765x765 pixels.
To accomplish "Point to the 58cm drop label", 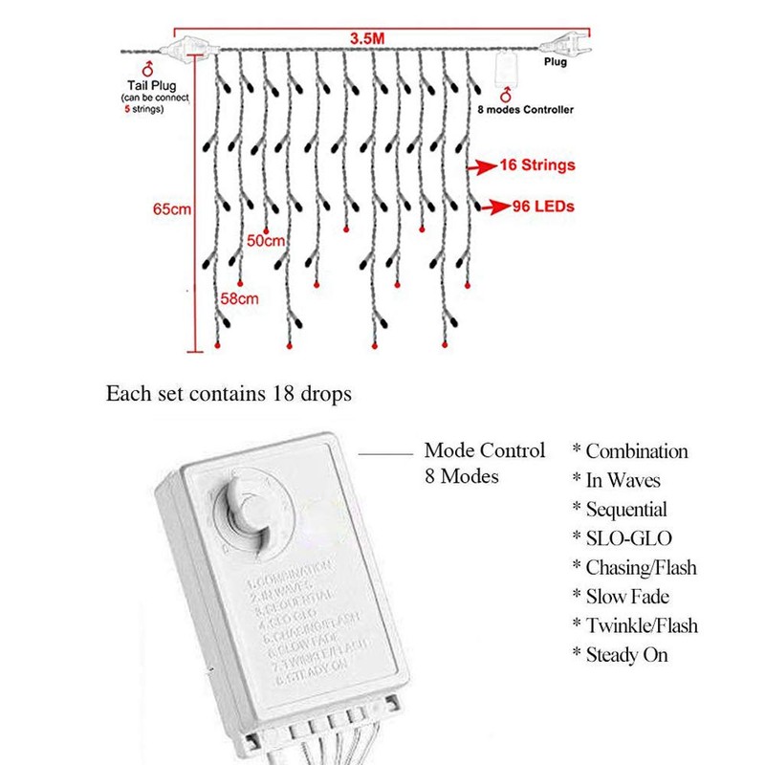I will click(x=240, y=300).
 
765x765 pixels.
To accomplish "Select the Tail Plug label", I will click(x=148, y=85).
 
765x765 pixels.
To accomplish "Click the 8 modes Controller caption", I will click(x=525, y=110).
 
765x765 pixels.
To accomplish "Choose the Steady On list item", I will click(x=626, y=655).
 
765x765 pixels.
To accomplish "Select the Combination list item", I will click(x=636, y=451).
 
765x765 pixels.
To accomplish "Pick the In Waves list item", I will click(x=623, y=480).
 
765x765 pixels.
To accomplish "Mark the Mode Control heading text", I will click(x=484, y=449).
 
